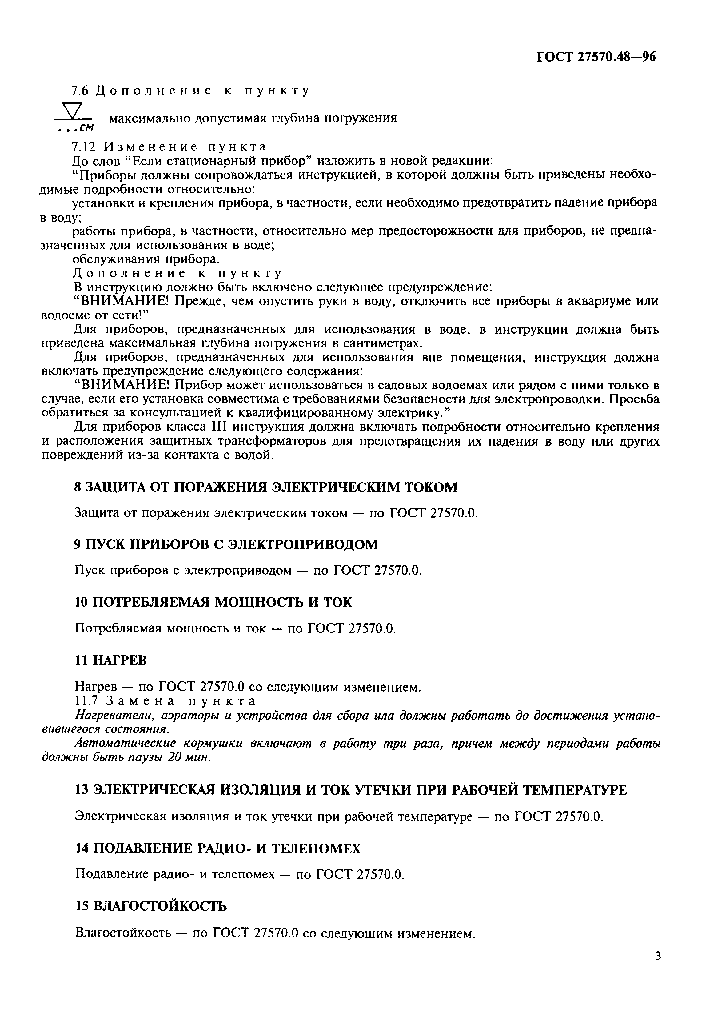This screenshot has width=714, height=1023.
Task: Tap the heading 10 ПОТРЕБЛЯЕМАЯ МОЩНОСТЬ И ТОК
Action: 213,602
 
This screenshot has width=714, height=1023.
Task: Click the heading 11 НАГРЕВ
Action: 110,660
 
